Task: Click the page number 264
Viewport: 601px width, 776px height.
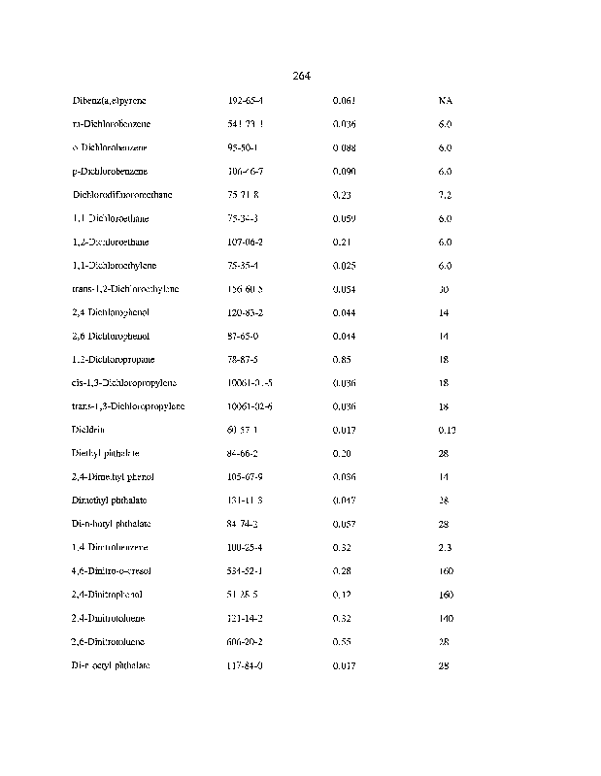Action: click(x=300, y=76)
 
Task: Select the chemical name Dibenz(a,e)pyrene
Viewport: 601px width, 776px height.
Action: click(x=110, y=101)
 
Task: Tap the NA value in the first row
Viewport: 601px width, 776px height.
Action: click(x=445, y=101)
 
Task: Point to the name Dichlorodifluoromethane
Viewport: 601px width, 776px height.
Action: click(x=122, y=195)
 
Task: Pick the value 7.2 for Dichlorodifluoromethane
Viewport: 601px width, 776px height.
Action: click(x=445, y=195)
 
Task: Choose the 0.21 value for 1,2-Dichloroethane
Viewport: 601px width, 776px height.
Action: click(x=342, y=242)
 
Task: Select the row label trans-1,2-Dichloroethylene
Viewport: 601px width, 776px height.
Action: click(x=125, y=289)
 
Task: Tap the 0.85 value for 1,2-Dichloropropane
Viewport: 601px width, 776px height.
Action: click(x=342, y=383)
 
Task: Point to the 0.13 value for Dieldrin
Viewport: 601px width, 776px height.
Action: click(x=447, y=430)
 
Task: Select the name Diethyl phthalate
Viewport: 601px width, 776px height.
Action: click(x=106, y=453)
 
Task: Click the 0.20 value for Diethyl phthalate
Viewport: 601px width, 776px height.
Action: click(x=342, y=453)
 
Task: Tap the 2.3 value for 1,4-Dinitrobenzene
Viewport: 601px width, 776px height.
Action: click(x=445, y=548)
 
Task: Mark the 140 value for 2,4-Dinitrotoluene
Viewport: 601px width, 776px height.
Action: click(x=447, y=619)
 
